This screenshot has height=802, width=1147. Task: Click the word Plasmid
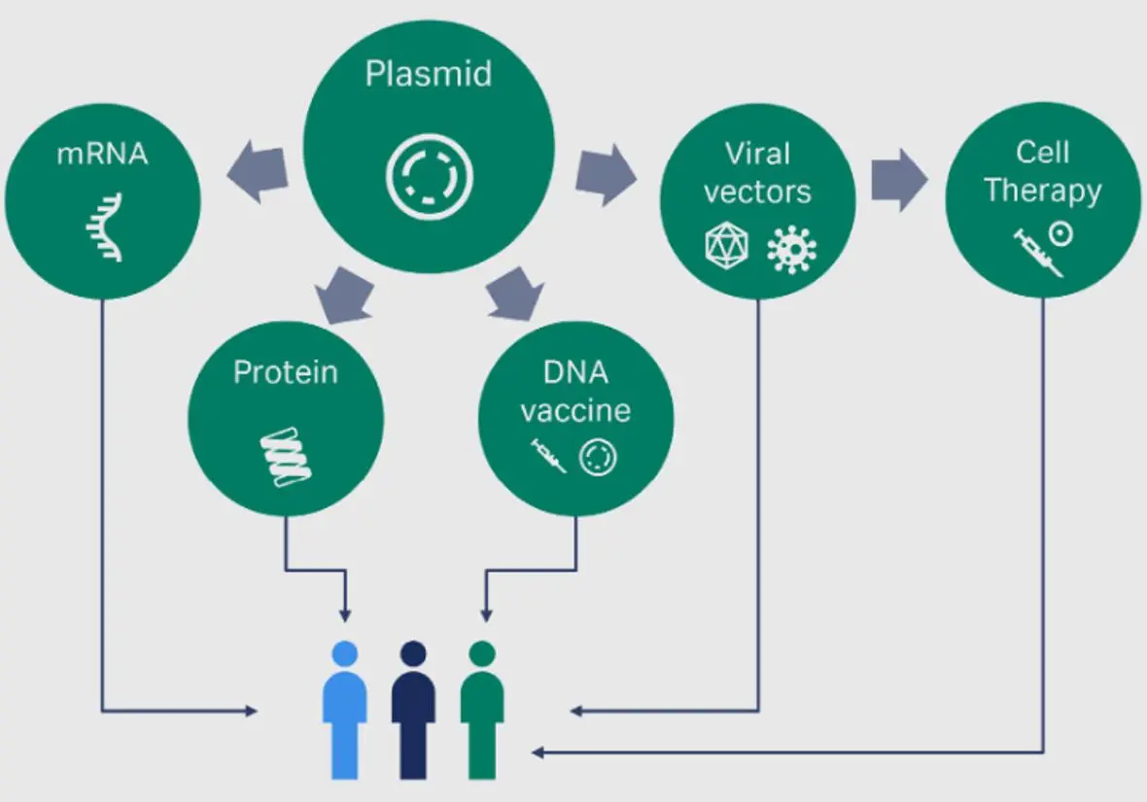click(429, 74)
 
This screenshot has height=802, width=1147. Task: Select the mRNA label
click(102, 154)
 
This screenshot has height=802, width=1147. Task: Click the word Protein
click(286, 371)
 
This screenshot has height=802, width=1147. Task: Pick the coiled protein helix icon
click(286, 457)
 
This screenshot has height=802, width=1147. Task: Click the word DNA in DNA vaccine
click(575, 372)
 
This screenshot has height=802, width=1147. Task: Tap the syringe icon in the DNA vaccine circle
click(548, 456)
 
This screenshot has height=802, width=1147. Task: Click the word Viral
click(758, 154)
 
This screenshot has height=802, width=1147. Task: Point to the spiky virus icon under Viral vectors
click(791, 250)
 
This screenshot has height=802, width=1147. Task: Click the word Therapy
click(1043, 191)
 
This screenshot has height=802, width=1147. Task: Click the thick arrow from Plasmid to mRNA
click(258, 173)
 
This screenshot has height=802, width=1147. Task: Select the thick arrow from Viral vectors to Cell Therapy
click(899, 180)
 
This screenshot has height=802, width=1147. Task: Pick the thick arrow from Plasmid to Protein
click(344, 295)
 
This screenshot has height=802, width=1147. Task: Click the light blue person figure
click(344, 710)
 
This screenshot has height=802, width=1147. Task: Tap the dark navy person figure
click(413, 710)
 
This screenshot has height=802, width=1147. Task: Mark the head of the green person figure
click(482, 653)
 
